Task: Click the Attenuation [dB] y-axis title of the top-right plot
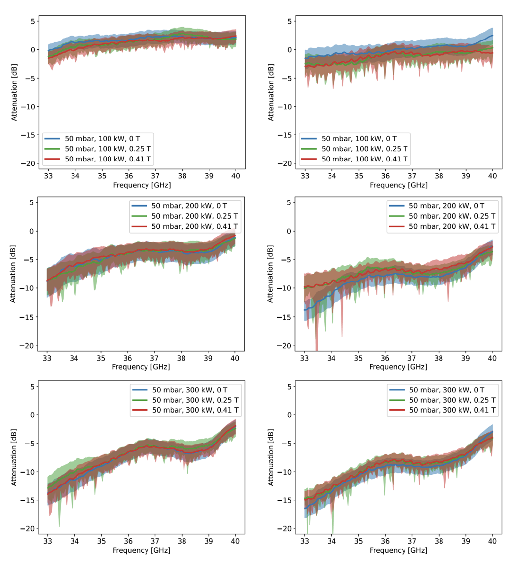271,92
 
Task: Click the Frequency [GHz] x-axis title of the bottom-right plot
399,550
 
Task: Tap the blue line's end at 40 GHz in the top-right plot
492,35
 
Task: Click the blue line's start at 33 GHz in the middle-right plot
305,310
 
